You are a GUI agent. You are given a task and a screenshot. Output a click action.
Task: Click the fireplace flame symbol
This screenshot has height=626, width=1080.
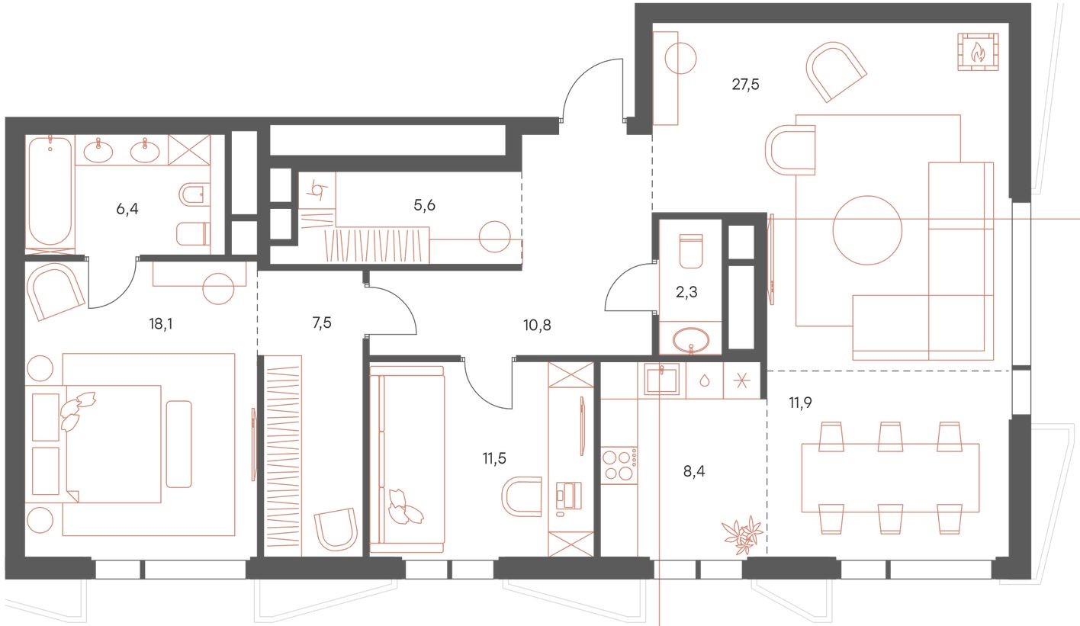(x=977, y=52)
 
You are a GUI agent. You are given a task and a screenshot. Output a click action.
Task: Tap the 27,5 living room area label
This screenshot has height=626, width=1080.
(x=745, y=85)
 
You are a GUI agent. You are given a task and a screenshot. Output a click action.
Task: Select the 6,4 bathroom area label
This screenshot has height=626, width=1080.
(x=129, y=207)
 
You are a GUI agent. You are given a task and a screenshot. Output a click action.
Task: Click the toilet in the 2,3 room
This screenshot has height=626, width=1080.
(x=690, y=250)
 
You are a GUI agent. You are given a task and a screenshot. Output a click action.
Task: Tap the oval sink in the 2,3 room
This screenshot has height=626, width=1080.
(x=691, y=338)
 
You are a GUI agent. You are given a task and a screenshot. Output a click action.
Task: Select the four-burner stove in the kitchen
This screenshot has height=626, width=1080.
(x=619, y=465)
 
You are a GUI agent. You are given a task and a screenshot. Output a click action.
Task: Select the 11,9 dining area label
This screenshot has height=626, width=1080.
(x=801, y=402)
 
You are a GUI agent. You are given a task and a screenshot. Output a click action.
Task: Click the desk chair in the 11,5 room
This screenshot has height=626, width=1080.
(x=522, y=496)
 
